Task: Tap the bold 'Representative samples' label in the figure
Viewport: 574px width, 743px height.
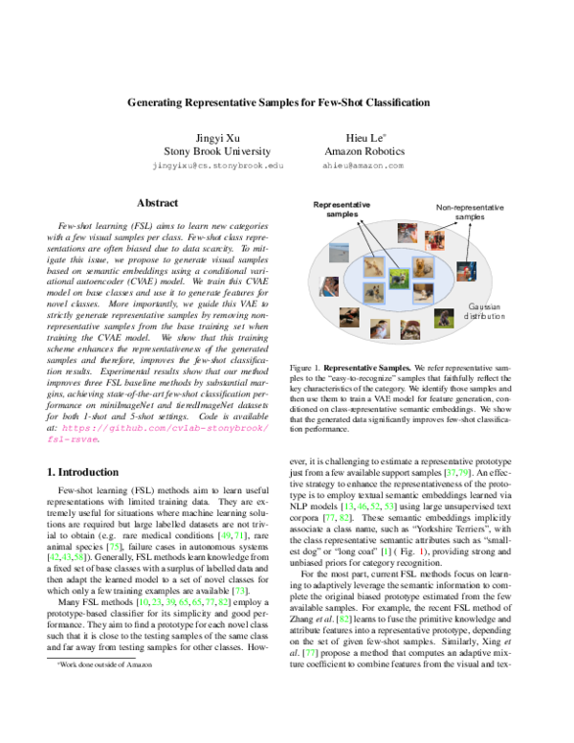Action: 342,210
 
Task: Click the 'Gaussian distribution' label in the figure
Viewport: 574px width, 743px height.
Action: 491,336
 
